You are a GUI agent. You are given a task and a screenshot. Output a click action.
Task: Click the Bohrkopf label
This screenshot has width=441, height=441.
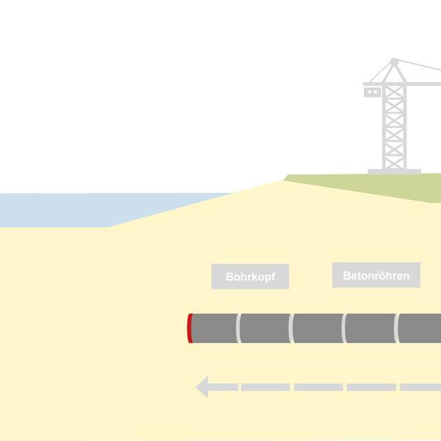(249, 277)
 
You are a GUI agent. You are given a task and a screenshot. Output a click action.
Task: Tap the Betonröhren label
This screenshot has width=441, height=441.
(376, 276)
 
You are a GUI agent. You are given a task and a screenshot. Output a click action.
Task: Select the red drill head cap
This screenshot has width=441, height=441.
(189, 328)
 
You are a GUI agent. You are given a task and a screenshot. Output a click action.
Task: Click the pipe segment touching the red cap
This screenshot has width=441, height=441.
(214, 328)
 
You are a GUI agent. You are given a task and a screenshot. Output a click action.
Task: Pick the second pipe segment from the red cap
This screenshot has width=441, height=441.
(265, 328)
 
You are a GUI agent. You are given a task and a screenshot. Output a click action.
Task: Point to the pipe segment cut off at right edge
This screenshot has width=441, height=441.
(421, 328)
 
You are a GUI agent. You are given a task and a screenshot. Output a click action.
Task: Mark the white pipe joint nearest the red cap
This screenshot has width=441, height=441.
(238, 328)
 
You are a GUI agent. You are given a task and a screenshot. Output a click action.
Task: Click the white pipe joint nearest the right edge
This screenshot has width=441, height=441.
(397, 328)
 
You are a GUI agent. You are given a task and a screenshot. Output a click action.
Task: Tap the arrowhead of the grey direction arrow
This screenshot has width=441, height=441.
(203, 387)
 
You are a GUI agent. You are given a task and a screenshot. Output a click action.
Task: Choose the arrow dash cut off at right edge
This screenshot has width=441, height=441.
(421, 387)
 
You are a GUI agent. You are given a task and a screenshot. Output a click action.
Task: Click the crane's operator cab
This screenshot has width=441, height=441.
(372, 91)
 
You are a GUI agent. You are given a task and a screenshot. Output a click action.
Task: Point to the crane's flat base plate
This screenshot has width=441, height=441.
(394, 171)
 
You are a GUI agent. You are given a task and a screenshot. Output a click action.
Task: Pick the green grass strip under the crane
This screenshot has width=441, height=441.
(386, 185)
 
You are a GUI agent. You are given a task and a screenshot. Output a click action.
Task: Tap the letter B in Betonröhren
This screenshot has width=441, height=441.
(347, 276)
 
